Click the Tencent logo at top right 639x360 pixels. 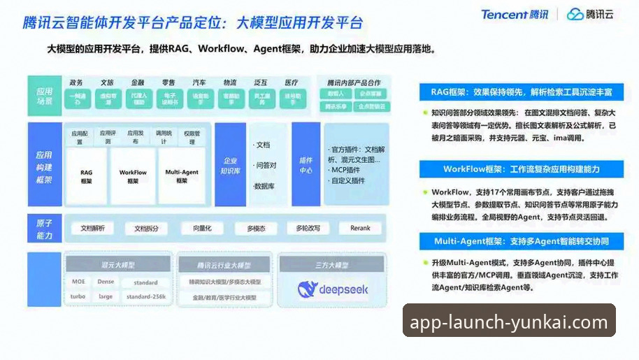click(x=514, y=14)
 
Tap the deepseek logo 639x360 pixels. click(x=332, y=289)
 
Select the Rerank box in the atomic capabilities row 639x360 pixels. click(x=361, y=228)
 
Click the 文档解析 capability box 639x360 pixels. click(x=93, y=228)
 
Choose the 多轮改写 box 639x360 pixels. click(x=308, y=228)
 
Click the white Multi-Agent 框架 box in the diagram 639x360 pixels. click(x=182, y=175)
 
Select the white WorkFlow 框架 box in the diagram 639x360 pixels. click(x=133, y=175)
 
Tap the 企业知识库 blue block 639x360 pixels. click(x=231, y=165)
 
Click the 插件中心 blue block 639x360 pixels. click(x=306, y=165)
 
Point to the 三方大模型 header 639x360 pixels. click(x=331, y=265)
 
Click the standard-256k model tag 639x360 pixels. click(x=146, y=296)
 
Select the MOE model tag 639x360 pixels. click(x=78, y=282)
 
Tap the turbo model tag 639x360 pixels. click(x=78, y=296)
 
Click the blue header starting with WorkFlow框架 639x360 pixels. click(x=521, y=169)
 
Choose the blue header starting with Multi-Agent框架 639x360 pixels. click(x=521, y=242)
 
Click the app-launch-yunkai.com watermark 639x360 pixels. click(x=509, y=322)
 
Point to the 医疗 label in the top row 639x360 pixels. click(x=291, y=83)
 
